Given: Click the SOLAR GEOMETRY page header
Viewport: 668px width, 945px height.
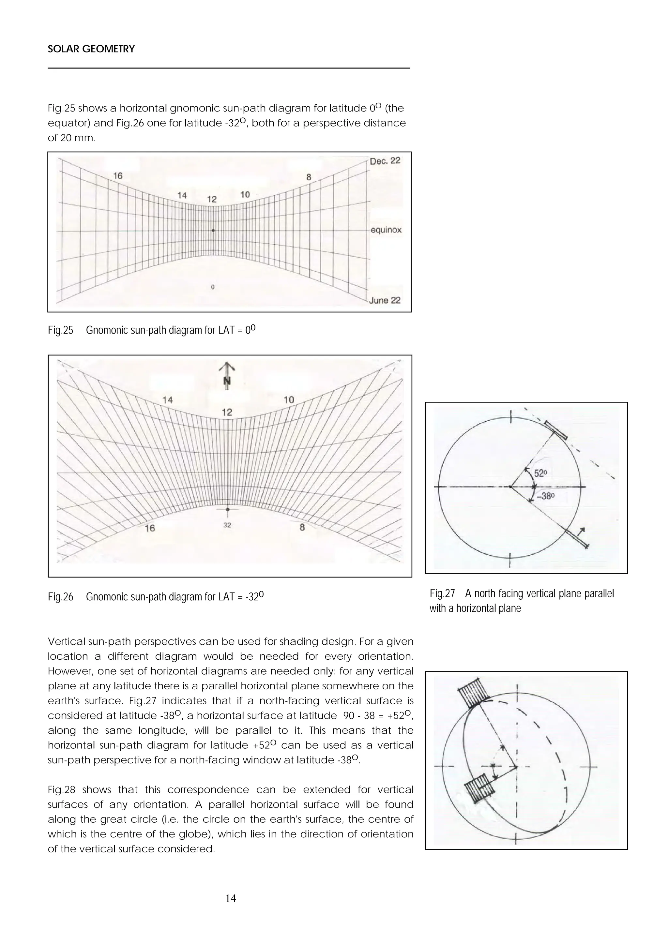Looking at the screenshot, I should pos(91,49).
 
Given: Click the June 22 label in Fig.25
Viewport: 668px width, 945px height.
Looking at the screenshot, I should pos(385,300).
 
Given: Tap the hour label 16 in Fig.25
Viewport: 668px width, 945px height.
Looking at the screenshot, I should pos(118,176).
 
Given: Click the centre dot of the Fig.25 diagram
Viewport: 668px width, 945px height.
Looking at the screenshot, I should pos(213,231).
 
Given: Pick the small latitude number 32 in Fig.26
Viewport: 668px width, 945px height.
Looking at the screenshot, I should pos(227,525).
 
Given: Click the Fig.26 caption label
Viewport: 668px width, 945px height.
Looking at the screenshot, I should pos(60,597).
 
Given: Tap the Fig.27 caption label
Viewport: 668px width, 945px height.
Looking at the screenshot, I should pos(442,593).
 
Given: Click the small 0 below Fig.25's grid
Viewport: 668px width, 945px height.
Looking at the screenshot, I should pos(212,287).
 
